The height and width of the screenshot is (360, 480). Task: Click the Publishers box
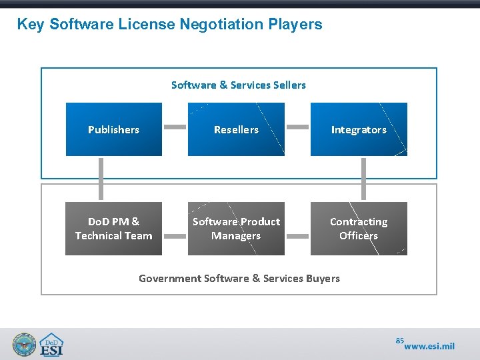pyautogui.click(x=113, y=129)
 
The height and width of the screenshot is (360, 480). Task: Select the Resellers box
pyautogui.click(x=236, y=129)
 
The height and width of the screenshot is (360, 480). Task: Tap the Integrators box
pyautogui.click(x=359, y=129)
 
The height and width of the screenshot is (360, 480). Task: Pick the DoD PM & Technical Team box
pyautogui.click(x=113, y=229)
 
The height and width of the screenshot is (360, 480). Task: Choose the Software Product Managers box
pyautogui.click(x=236, y=229)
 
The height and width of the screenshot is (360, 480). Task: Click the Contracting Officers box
pyautogui.click(x=359, y=229)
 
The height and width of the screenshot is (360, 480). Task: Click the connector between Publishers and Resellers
pyautogui.click(x=175, y=127)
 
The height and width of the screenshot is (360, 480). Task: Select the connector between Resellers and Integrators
pyautogui.click(x=297, y=127)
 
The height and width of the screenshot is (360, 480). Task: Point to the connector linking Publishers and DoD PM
pyautogui.click(x=101, y=179)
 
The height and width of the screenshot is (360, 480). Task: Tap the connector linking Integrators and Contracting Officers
pyautogui.click(x=364, y=179)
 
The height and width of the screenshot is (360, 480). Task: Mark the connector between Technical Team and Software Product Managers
pyautogui.click(x=175, y=235)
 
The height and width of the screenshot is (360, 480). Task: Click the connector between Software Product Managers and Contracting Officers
pyautogui.click(x=297, y=235)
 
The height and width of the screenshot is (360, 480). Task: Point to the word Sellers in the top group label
pyautogui.click(x=289, y=85)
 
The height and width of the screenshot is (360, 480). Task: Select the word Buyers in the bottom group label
pyautogui.click(x=322, y=278)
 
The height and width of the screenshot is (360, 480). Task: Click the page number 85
pyautogui.click(x=399, y=341)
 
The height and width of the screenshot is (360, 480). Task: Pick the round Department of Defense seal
pyautogui.click(x=24, y=344)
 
